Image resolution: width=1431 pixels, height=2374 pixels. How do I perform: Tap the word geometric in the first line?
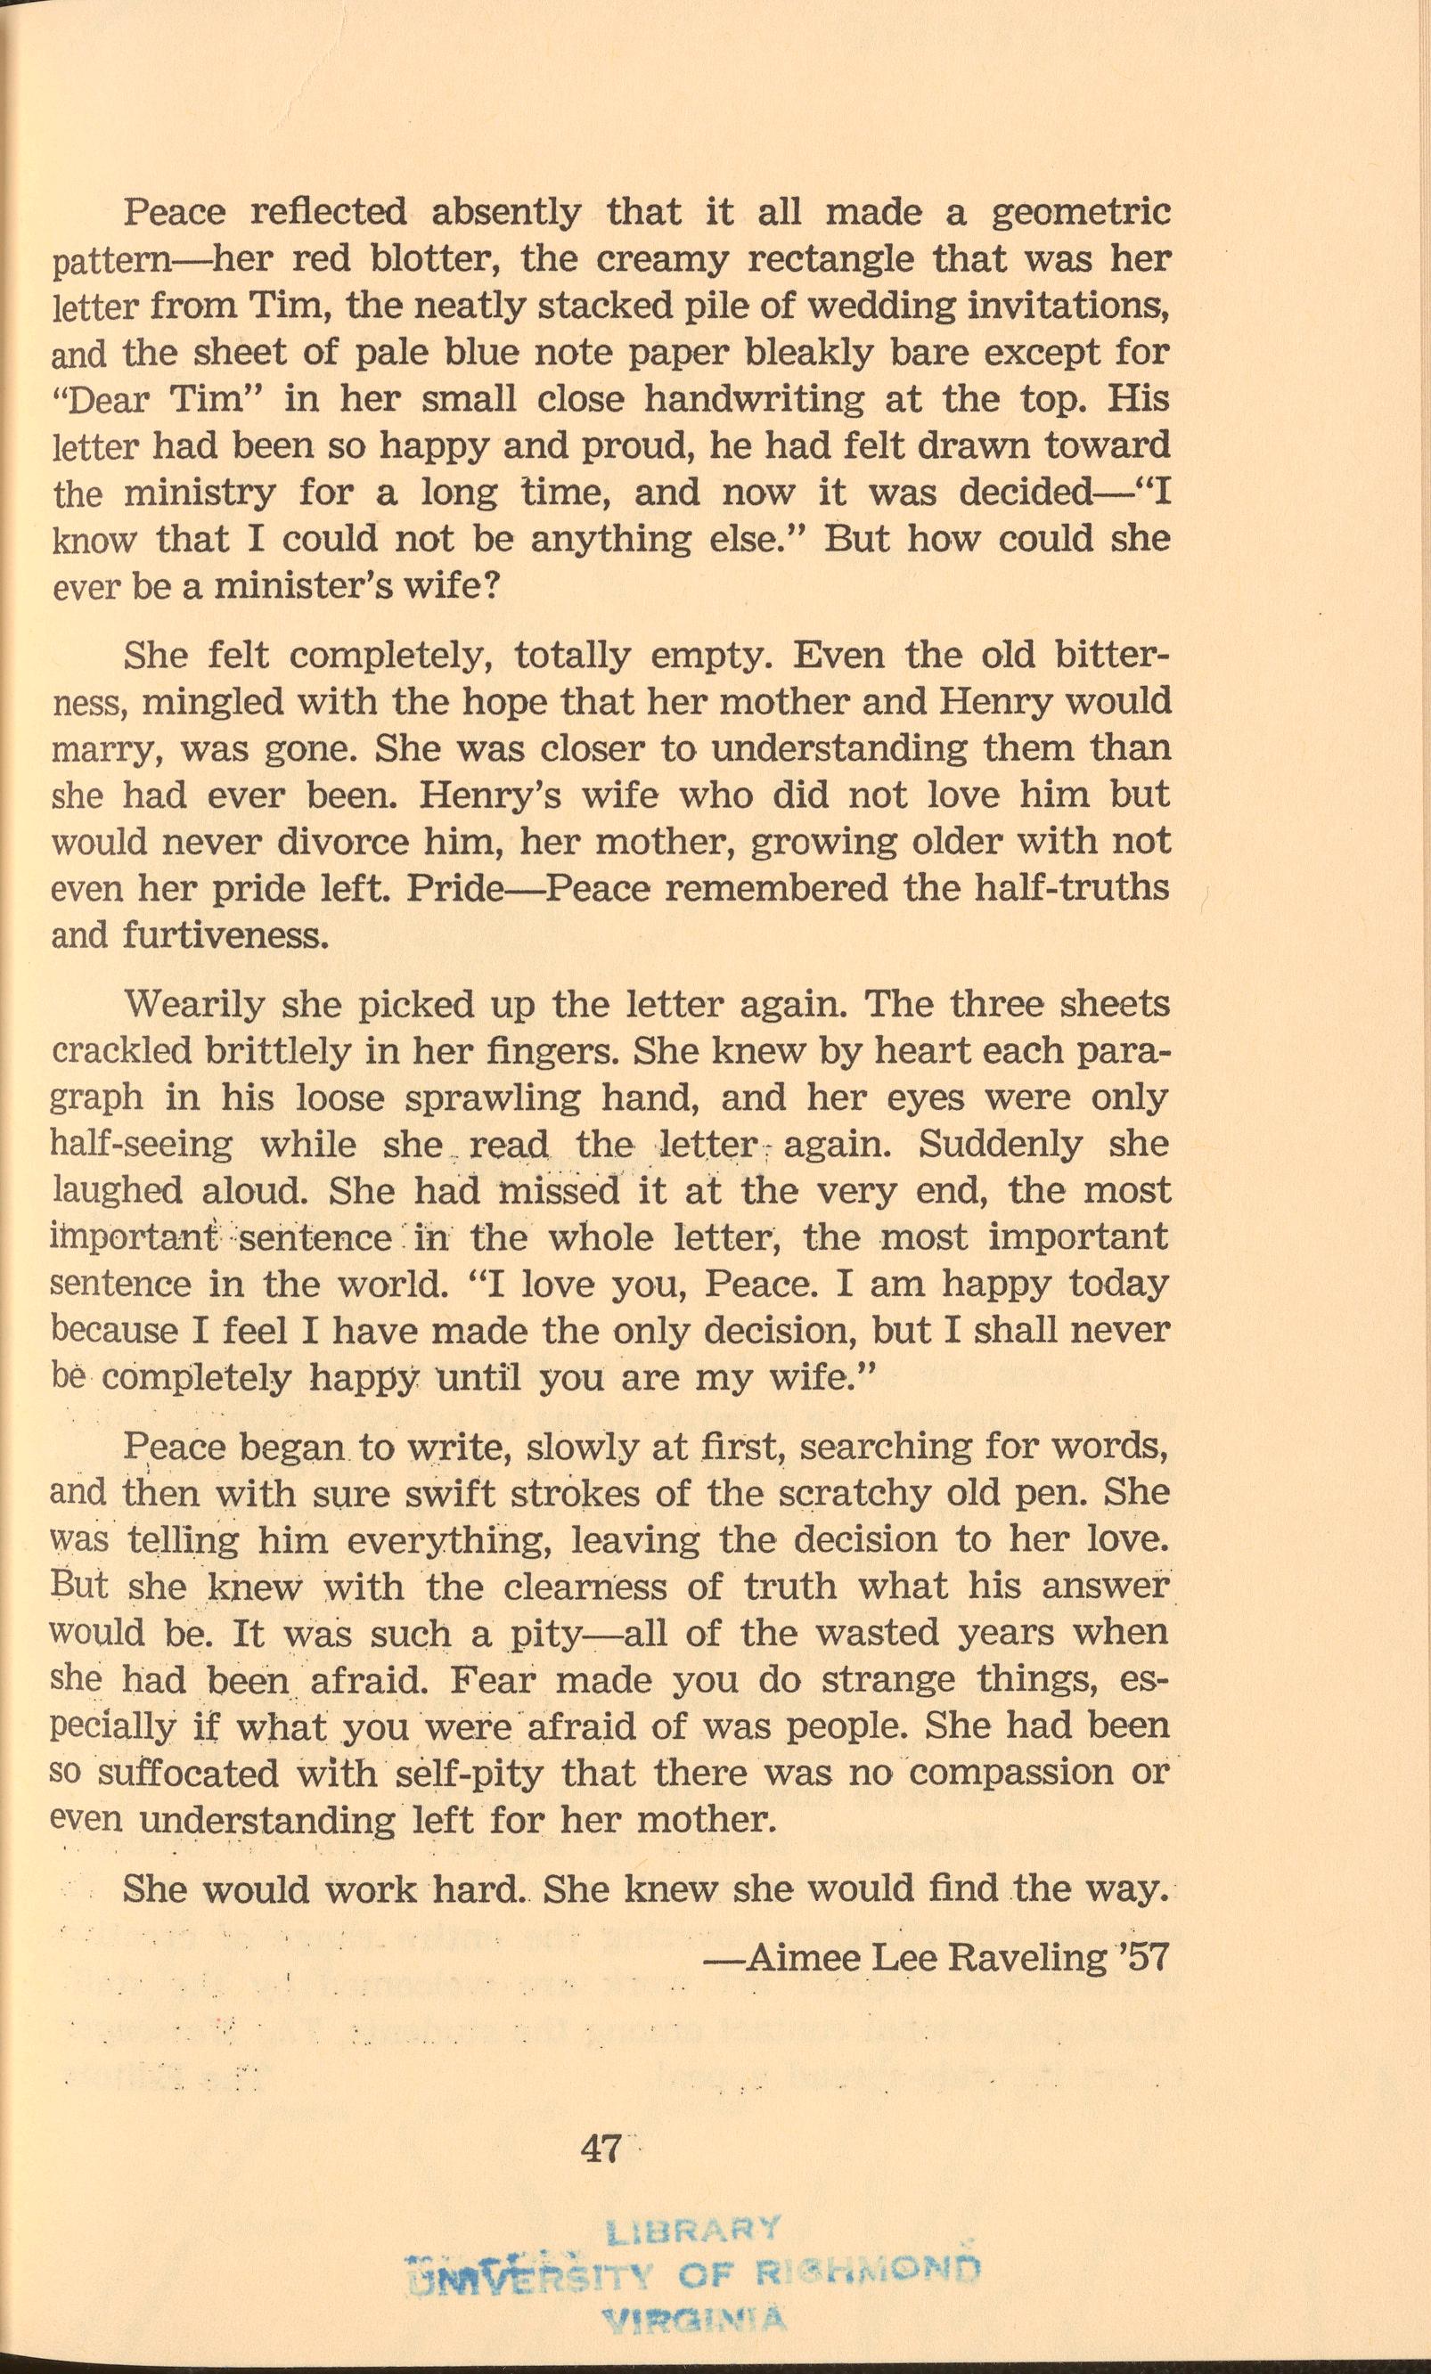[x=1081, y=212]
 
